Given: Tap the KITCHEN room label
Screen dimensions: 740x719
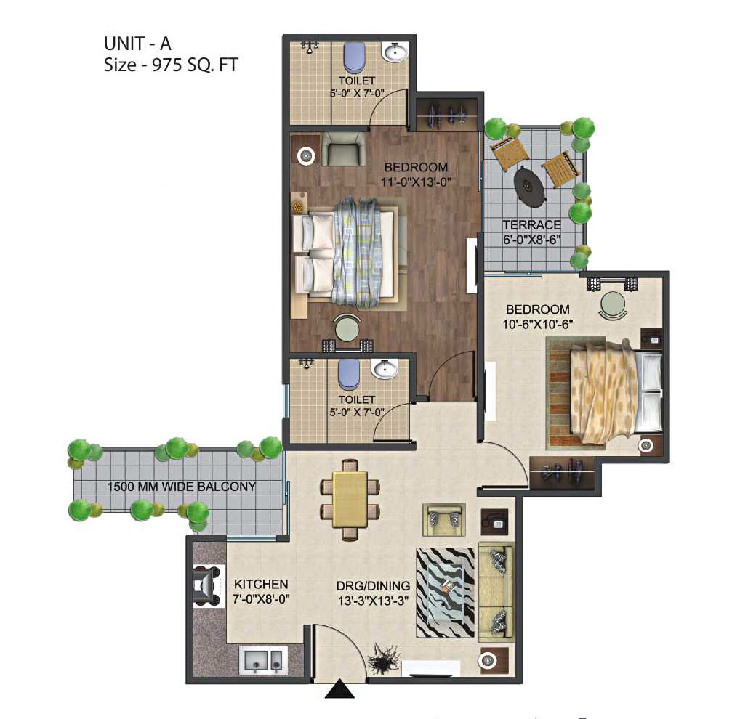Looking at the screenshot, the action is pos(261,584).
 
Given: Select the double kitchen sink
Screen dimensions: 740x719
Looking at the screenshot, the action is pos(263,659).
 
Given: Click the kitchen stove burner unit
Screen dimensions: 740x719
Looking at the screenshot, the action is pos(207,585).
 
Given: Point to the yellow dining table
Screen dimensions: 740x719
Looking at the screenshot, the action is pos(350,499).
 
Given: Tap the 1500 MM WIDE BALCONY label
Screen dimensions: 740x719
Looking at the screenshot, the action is pos(182,487).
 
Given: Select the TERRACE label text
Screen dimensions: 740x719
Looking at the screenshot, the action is pos(531,225).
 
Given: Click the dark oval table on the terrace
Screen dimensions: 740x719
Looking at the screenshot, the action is pos(530,187).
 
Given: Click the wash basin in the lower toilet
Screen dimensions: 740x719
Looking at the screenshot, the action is pos(385,368).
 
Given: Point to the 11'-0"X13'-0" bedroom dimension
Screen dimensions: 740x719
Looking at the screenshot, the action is pos(416,182).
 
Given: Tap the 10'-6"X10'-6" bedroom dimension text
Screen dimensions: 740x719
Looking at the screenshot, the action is pos(537,325).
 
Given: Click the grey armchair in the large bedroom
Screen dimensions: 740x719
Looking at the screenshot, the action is pos(344,149).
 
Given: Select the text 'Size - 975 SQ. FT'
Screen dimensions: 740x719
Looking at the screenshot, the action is pos(171,65).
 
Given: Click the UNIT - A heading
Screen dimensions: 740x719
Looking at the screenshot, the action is pos(137,44).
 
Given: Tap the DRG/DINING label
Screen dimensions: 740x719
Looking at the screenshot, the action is pos(373,586).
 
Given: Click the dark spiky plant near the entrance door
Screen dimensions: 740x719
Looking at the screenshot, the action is pos(384,656).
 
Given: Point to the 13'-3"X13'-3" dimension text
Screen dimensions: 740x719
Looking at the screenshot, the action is pos(373,601).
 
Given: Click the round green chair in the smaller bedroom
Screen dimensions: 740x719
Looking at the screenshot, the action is pos(613,304).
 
